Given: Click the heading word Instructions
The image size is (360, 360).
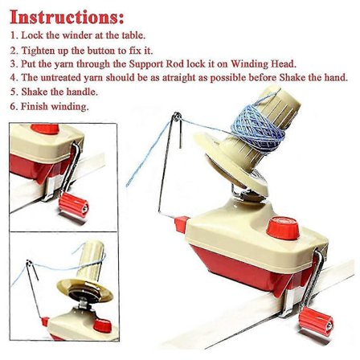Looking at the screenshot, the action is point(67,17).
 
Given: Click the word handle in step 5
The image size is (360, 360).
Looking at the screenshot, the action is point(82,92).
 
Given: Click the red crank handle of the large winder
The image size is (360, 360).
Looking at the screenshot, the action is point(317,321).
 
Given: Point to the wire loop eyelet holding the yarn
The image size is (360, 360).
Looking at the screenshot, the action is point(177,117).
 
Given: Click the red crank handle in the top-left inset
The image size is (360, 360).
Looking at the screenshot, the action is point(74,205).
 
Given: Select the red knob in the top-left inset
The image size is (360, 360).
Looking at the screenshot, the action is point(45,129).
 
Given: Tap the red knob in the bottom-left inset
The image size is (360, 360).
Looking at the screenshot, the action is point(103,325).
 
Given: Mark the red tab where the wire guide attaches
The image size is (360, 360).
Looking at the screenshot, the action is point(182,224).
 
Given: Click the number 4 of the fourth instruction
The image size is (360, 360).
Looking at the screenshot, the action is point(14,78).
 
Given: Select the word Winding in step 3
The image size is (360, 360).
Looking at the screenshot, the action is point(250,64).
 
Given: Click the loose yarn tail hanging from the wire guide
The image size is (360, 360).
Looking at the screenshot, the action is point(147,155).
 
